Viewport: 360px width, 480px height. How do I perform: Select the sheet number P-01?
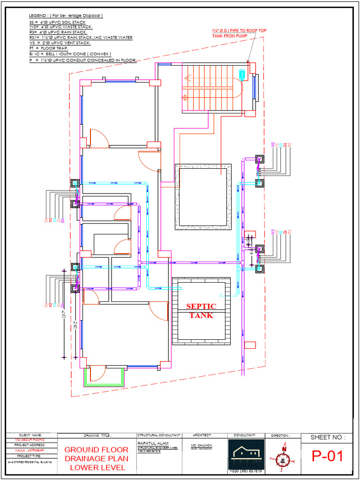click(x=328, y=456)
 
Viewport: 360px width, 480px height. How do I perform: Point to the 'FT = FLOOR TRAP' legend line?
click(x=48, y=48)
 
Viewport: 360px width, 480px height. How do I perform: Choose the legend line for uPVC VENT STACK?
click(x=60, y=43)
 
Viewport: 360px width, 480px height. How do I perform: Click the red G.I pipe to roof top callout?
click(x=239, y=32)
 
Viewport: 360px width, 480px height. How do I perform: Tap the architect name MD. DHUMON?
click(x=202, y=444)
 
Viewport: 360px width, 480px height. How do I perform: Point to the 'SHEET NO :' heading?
click(x=328, y=437)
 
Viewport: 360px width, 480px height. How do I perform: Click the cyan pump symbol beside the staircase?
click(x=242, y=74)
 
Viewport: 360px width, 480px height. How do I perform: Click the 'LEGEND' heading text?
click(x=39, y=15)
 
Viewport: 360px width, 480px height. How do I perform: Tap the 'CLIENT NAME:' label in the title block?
click(x=30, y=435)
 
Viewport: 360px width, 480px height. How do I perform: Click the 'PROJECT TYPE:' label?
click(x=30, y=455)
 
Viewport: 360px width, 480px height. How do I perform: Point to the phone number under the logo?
click(x=246, y=470)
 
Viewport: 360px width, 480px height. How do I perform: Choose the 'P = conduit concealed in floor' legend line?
click(x=82, y=60)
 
